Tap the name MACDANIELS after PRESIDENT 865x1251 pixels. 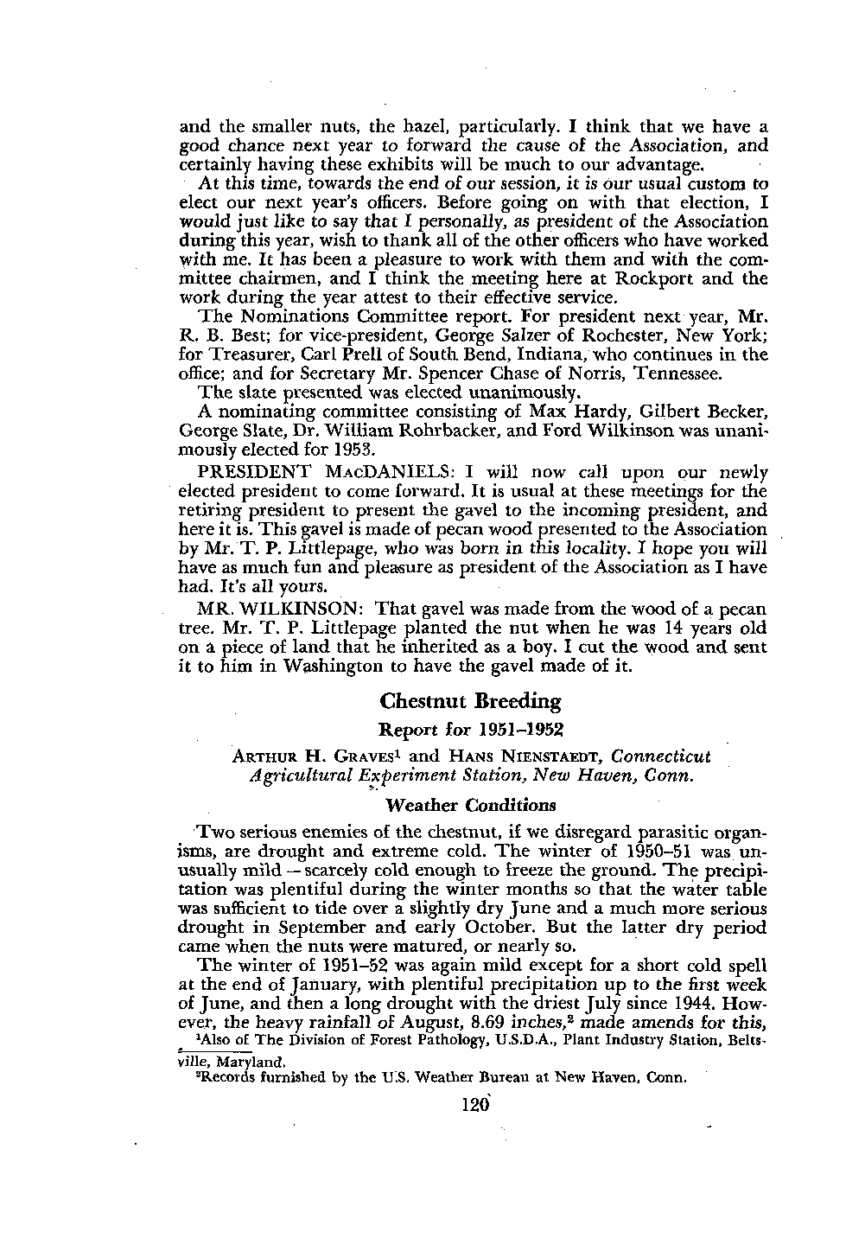[383, 474]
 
